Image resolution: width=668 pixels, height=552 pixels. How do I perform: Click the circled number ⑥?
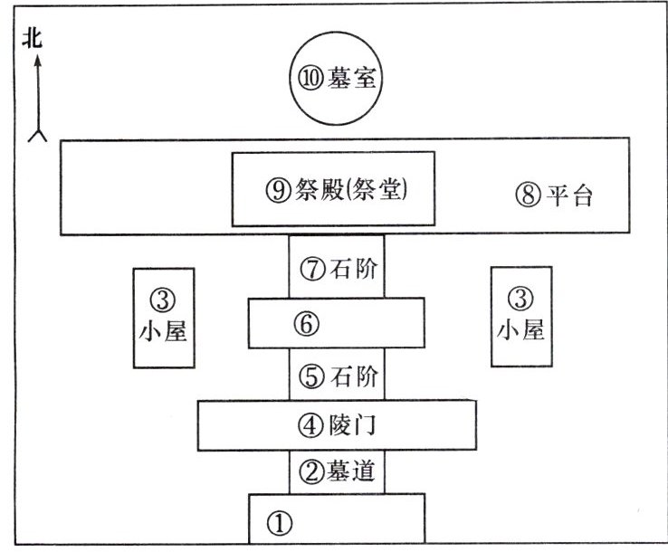point(308,323)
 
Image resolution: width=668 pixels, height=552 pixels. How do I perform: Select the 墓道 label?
point(351,471)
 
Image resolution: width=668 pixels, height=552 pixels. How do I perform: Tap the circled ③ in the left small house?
point(164,298)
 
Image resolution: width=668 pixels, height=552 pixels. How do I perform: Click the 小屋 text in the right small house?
point(520,329)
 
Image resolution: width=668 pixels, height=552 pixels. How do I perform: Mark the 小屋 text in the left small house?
point(164,331)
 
